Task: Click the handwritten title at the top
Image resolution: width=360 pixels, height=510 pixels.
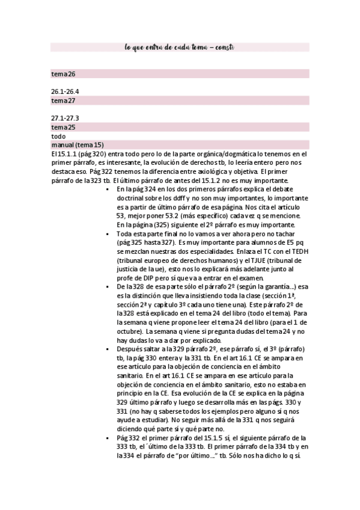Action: tap(179, 47)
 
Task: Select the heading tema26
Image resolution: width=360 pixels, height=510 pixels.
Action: tap(63, 75)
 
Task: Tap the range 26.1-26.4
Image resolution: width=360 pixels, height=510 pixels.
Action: tap(66, 92)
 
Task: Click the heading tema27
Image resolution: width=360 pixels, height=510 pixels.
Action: tap(63, 100)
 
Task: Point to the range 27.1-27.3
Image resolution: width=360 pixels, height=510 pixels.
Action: tap(66, 118)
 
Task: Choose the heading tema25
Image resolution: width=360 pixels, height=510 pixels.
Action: tap(63, 127)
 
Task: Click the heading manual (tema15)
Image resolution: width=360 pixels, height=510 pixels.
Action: tap(78, 145)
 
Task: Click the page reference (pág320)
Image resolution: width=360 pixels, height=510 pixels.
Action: tap(89, 154)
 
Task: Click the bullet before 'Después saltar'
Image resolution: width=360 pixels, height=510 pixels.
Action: tap(107, 350)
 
